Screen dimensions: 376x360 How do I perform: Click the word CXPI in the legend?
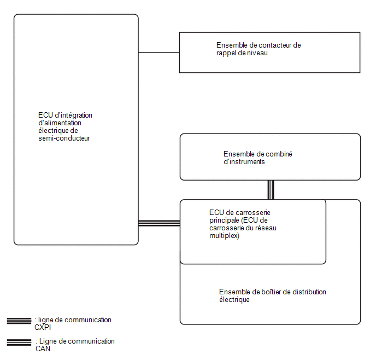pos(43,328)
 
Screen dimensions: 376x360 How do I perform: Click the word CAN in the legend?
pos(43,349)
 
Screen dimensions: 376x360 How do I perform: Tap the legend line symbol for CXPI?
pos(19,321)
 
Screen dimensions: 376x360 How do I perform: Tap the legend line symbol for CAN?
pos(19,342)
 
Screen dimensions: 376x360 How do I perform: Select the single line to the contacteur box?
pos(159,53)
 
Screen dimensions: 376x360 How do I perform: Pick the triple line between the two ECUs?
pos(159,223)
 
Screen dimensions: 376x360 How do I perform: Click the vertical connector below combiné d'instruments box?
pos(271,190)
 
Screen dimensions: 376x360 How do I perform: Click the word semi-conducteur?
pos(64,138)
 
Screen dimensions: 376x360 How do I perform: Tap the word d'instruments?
pos(244,162)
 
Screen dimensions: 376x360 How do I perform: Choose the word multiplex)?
pos(225,236)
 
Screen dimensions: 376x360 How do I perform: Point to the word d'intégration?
pos(74,115)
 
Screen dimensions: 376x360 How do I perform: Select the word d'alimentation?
pos(60,123)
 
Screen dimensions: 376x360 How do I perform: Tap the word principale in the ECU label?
pos(224,220)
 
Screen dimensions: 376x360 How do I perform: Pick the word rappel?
pos(225,53)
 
